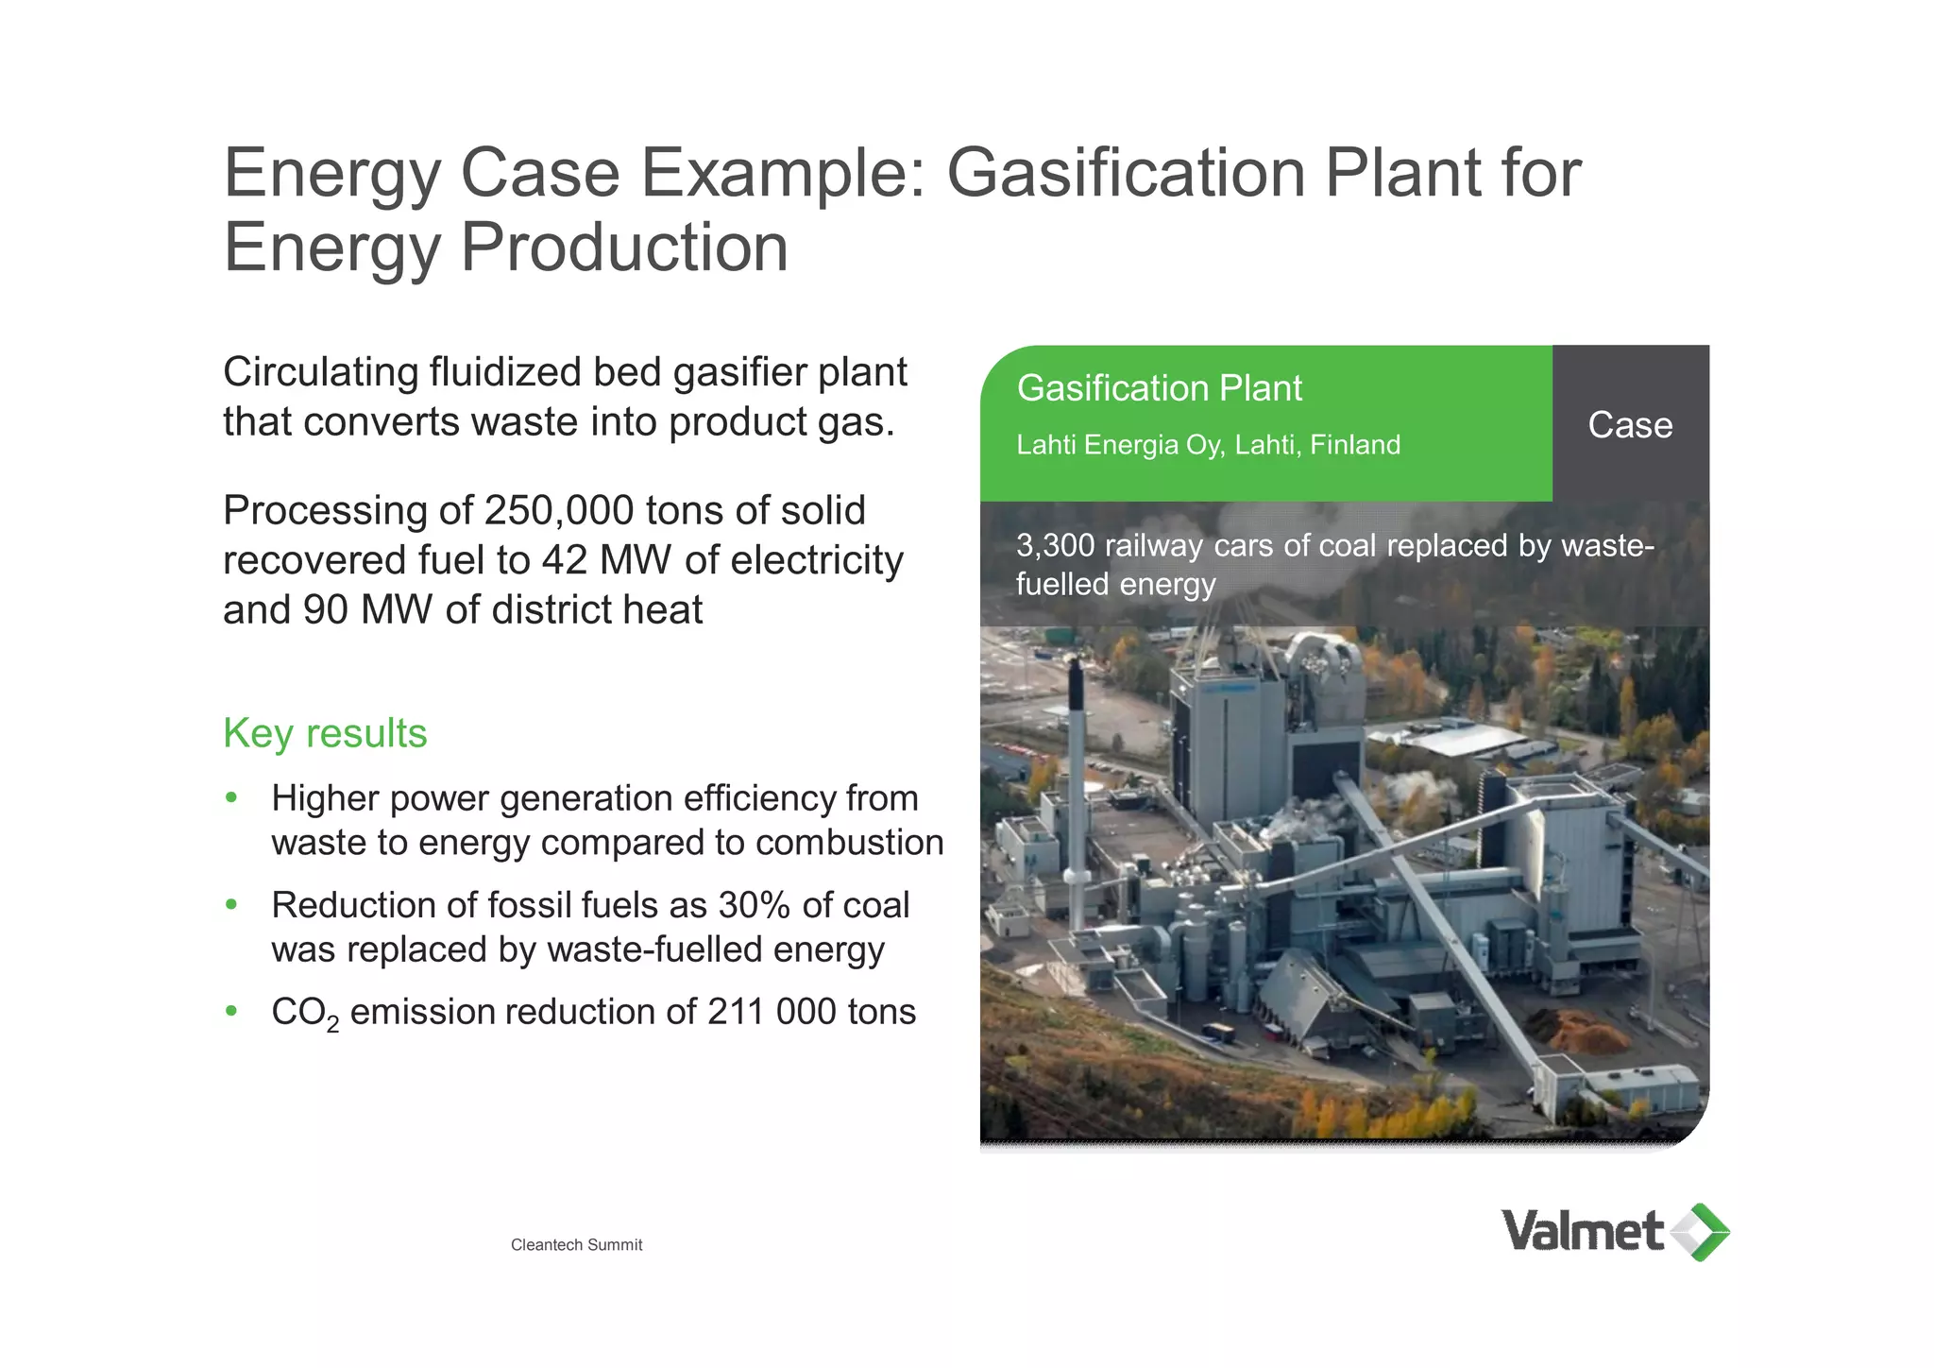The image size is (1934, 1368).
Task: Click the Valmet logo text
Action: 1582,1231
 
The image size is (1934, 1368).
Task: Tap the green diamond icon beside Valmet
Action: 1702,1232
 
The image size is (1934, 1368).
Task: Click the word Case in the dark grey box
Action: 1630,425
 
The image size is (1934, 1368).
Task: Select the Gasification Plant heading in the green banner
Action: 1159,388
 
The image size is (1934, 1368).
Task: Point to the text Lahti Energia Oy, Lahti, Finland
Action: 1208,445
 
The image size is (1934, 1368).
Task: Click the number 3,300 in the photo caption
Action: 1055,545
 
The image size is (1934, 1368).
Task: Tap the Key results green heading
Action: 325,733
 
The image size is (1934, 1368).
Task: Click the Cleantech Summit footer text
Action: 576,1245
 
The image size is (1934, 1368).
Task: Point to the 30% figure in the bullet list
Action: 754,905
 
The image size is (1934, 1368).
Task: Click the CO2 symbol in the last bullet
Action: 304,1013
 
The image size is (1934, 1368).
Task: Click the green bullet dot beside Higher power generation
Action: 231,798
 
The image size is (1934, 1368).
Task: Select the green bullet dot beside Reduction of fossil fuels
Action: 231,905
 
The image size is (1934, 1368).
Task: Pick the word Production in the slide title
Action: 623,248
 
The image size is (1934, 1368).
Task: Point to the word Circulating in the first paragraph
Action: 320,372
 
